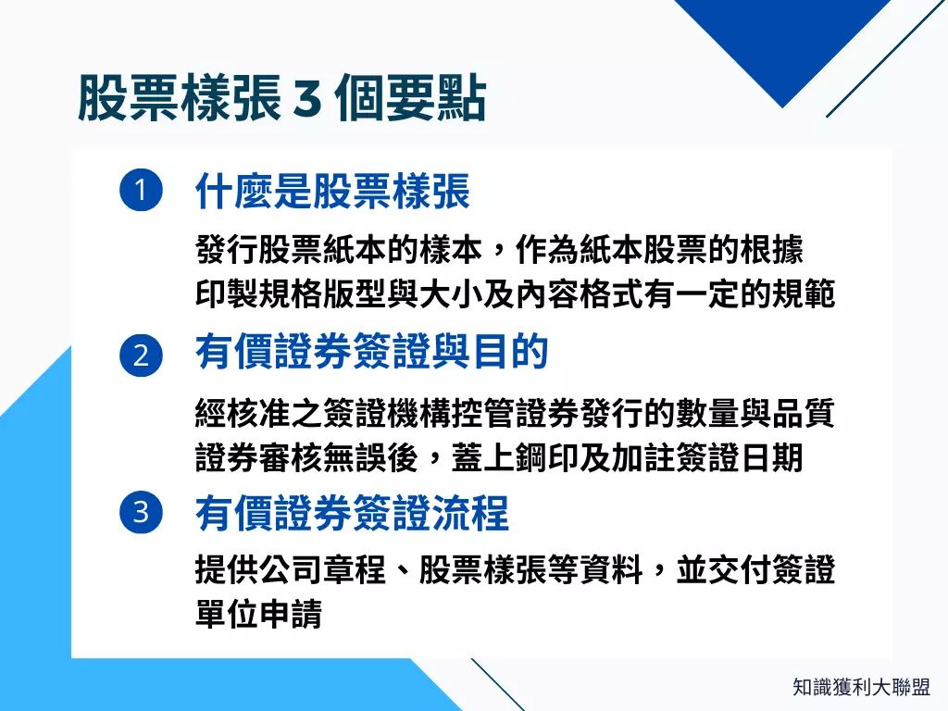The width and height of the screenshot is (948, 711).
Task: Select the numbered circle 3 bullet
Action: coord(141,513)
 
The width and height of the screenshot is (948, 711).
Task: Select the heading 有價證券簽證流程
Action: coord(353,513)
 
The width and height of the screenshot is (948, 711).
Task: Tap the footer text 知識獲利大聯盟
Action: coord(861,687)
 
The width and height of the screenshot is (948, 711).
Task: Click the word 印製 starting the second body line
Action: coord(227,294)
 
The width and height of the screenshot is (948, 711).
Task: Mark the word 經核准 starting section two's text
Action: coord(243,413)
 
